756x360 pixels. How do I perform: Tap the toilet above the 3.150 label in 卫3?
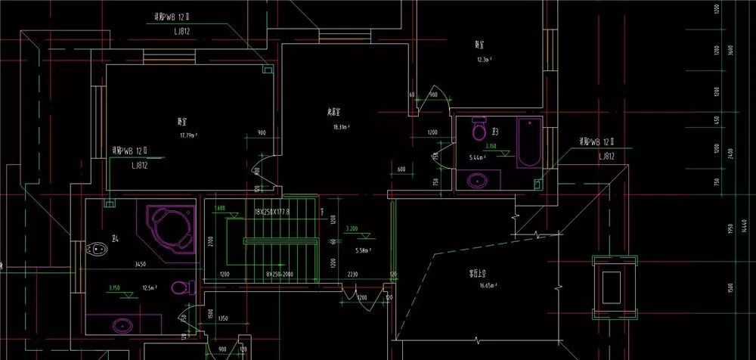click(x=479, y=130)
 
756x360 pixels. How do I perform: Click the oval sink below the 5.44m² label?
click(x=478, y=181)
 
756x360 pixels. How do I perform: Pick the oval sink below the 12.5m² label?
click(x=122, y=325)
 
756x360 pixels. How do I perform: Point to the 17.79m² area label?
click(x=188, y=135)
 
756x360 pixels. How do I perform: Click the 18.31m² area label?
click(x=340, y=127)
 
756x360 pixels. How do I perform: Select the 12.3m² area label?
click(x=485, y=59)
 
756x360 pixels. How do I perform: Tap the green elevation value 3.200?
click(x=352, y=228)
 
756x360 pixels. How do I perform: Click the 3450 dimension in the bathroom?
click(x=139, y=265)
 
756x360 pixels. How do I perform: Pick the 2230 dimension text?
click(x=353, y=275)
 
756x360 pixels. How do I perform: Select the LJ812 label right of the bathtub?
click(x=606, y=157)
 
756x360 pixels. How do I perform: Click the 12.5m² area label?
click(x=148, y=287)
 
